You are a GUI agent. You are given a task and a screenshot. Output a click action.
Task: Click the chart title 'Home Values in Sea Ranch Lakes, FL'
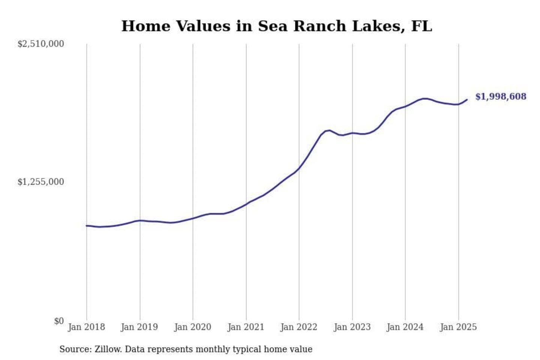coord(277,26)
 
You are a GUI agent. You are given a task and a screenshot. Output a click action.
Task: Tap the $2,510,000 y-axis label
coord(40,44)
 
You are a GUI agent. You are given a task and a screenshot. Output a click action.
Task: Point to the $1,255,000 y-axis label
coord(40,182)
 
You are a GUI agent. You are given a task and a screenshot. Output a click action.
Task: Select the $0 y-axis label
coord(59,321)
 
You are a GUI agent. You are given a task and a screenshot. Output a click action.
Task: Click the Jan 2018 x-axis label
coord(86,327)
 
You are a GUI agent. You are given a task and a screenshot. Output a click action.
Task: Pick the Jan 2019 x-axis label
coord(139,327)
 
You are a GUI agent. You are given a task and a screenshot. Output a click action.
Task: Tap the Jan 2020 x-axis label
coord(193,327)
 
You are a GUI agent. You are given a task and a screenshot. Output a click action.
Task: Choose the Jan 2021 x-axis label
coord(246,327)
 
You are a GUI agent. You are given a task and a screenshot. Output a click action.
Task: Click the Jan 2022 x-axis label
coord(299,327)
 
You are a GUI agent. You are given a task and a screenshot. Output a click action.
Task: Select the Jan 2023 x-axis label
coord(352,327)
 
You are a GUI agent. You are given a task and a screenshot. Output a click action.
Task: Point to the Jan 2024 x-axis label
coord(405,327)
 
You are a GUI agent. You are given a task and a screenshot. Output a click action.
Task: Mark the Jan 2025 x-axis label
coord(458,327)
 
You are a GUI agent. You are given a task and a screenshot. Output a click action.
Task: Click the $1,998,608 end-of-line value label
coord(501,97)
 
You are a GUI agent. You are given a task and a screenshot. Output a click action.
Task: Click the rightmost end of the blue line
coord(467,99)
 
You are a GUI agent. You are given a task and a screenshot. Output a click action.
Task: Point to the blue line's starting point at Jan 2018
coord(87,226)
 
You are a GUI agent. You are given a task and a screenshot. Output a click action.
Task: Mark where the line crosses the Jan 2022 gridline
coord(299,168)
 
